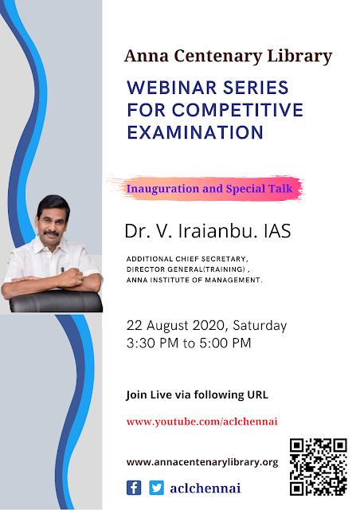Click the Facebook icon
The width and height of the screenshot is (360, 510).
[134, 488]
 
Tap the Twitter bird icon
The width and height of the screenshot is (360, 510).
[156, 488]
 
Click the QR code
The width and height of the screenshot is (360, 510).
[319, 467]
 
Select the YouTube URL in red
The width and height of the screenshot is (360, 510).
[202, 422]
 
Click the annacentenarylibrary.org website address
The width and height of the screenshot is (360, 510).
[202, 462]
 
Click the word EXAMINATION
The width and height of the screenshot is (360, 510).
[195, 132]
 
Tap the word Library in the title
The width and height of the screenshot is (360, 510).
[299, 57]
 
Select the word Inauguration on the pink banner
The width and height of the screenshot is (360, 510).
[163, 189]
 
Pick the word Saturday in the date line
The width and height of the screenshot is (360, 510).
[260, 326]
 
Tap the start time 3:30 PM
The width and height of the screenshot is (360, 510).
[152, 343]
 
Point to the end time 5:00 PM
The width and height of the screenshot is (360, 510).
[225, 343]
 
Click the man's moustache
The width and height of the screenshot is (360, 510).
[52, 233]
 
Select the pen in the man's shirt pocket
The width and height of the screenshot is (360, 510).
[63, 270]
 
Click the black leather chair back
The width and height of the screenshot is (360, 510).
[56, 301]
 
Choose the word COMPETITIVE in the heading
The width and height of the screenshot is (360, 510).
[237, 110]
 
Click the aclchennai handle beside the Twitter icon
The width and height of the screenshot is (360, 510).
[205, 488]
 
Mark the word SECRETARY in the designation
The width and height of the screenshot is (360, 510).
[225, 259]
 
